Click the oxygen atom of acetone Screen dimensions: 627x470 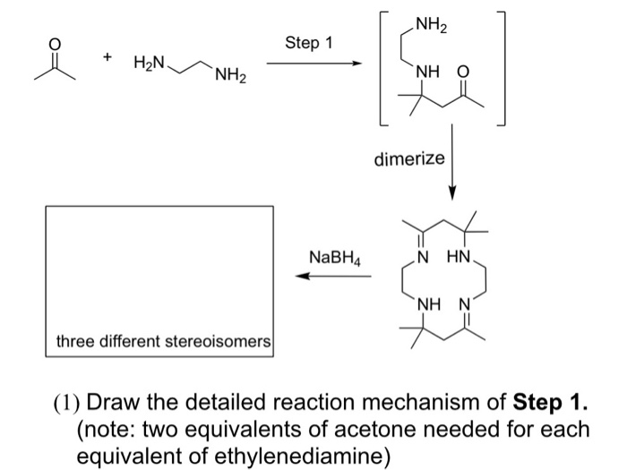pos(55,45)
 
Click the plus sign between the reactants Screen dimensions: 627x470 pos(107,57)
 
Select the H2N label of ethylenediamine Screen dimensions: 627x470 pos(149,63)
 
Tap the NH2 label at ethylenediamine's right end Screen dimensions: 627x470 pos(230,74)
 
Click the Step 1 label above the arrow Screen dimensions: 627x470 pos(309,42)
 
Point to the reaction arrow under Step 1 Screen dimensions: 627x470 pos(313,64)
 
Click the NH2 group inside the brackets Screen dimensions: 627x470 pos(432,25)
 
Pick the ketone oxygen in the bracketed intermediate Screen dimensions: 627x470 pos(463,73)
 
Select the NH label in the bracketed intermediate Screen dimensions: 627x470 pos(427,73)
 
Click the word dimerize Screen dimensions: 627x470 pos(409,158)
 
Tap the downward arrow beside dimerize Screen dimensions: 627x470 pos(451,161)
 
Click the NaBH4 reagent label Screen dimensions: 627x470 pos(335,258)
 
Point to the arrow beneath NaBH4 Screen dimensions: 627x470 pos(333,276)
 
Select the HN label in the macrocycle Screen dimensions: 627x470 pos(459,256)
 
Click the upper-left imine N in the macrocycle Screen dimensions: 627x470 pos(421,256)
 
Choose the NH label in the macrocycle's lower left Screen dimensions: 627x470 pos(429,305)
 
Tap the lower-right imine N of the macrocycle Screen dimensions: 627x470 pos(465,305)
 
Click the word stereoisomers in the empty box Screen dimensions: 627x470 pos(218,342)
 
